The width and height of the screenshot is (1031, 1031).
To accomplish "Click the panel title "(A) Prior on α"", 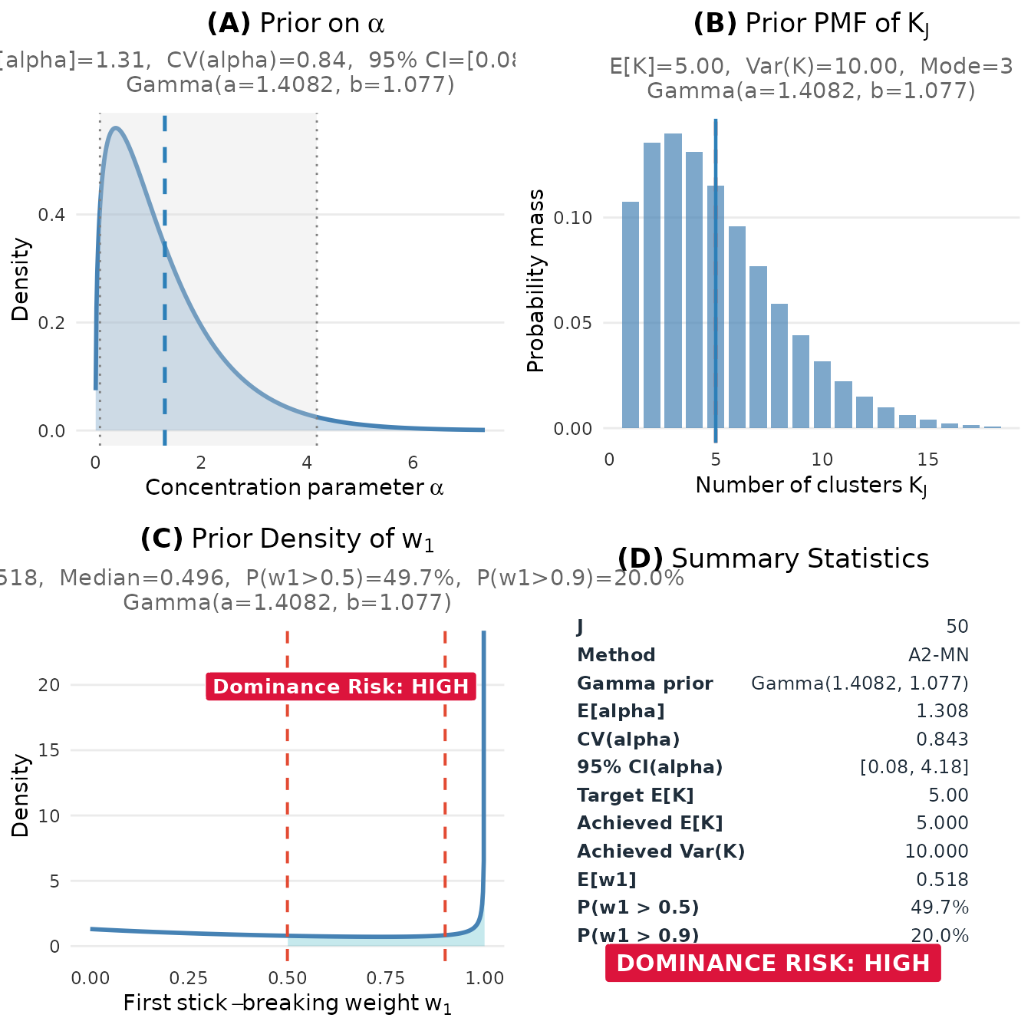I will pyautogui.click(x=295, y=24).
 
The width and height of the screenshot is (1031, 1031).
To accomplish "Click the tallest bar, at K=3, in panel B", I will pyautogui.click(x=673, y=280).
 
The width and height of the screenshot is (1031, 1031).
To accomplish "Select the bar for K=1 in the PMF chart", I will pyautogui.click(x=631, y=315).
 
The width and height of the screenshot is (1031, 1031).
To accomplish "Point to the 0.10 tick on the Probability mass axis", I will pyautogui.click(x=572, y=218).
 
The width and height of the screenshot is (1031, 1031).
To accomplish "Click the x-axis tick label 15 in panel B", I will pyautogui.click(x=927, y=460).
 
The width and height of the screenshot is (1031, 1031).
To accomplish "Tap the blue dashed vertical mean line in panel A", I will pyautogui.click(x=165, y=307).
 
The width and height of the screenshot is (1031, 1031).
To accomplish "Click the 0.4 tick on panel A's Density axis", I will pyautogui.click(x=51, y=215).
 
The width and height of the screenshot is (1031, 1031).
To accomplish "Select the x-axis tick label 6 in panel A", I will pyautogui.click(x=413, y=463).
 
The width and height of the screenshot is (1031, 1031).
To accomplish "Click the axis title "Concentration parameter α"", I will pyautogui.click(x=295, y=488).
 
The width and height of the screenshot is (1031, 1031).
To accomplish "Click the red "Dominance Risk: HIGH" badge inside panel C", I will pyautogui.click(x=341, y=686).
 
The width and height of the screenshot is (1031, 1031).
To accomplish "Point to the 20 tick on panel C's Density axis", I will pyautogui.click(x=49, y=685).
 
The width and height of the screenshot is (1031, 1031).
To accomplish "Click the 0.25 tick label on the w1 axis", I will pyautogui.click(x=188, y=978).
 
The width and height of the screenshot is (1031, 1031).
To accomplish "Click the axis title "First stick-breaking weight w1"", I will pyautogui.click(x=287, y=1003).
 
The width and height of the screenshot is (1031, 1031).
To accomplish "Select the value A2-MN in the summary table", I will pyautogui.click(x=938, y=655).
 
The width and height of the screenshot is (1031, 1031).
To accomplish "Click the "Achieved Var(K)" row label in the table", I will pyautogui.click(x=660, y=851).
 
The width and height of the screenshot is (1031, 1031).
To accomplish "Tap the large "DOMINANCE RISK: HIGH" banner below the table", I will pyautogui.click(x=772, y=963).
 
